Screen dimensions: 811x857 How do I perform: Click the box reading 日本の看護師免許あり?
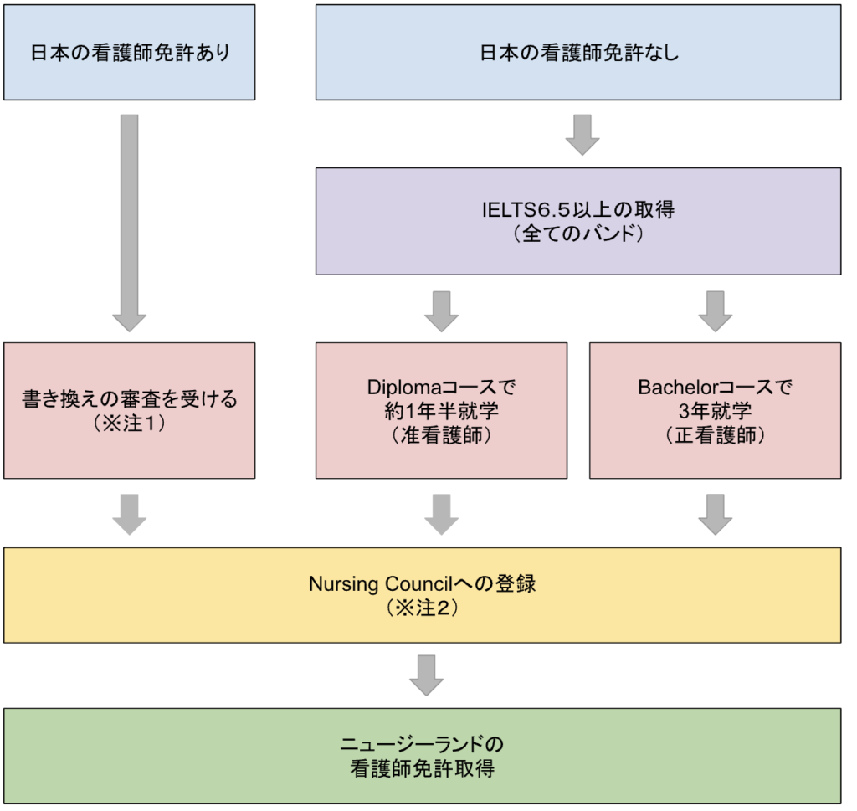pos(129,52)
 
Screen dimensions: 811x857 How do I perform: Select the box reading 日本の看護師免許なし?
pos(578,52)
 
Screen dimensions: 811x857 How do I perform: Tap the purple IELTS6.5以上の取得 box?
pos(578,221)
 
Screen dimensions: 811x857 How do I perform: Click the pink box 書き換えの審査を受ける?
pos(129,410)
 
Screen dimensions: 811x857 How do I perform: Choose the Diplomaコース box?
pos(441,410)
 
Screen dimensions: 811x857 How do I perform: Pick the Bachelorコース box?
pos(715,410)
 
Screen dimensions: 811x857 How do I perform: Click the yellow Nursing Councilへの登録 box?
pos(422,595)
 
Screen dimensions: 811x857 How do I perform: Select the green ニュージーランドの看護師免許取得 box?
pos(422,756)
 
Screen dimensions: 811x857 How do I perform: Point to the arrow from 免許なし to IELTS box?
pos(582,135)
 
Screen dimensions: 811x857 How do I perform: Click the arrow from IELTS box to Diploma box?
pos(441,310)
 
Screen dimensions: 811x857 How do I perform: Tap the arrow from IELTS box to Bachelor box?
pos(715,310)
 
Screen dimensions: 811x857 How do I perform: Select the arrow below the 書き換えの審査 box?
pos(129,514)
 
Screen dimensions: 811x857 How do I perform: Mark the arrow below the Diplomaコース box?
pos(441,514)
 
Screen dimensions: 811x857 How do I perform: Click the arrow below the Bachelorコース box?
pos(715,514)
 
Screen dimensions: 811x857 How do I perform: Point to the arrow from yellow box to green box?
pos(427,675)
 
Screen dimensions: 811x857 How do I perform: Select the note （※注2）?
pos(422,608)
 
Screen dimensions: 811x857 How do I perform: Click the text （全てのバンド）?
pos(578,234)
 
